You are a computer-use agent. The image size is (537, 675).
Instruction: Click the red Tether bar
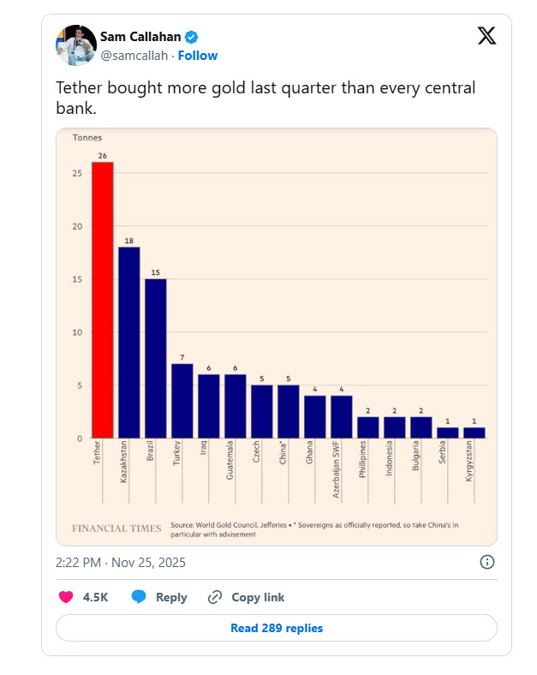pyautogui.click(x=103, y=300)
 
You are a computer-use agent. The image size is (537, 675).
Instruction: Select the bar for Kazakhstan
pyautogui.click(x=129, y=343)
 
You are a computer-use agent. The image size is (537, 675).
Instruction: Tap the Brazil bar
pyautogui.click(x=156, y=358)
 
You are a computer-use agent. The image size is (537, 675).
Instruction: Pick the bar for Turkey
pyautogui.click(x=182, y=401)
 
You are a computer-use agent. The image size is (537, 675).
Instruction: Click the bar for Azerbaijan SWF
pyautogui.click(x=342, y=417)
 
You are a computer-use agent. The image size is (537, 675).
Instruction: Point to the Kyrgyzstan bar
pyautogui.click(x=474, y=433)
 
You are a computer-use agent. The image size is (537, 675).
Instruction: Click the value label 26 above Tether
pyautogui.click(x=103, y=156)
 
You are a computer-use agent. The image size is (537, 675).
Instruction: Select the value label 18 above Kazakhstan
pyautogui.click(x=129, y=241)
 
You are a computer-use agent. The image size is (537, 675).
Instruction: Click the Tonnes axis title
pyautogui.click(x=87, y=138)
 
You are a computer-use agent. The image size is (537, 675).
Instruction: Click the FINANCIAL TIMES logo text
pyautogui.click(x=116, y=529)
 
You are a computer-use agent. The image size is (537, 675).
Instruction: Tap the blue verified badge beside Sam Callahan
pyautogui.click(x=193, y=37)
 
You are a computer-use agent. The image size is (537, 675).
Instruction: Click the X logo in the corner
pyautogui.click(x=486, y=35)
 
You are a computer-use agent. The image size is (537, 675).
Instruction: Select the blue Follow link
pyautogui.click(x=198, y=56)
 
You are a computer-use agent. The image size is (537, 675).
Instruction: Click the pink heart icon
pyautogui.click(x=65, y=597)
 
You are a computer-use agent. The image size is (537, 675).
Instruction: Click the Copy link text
pyautogui.click(x=258, y=597)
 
